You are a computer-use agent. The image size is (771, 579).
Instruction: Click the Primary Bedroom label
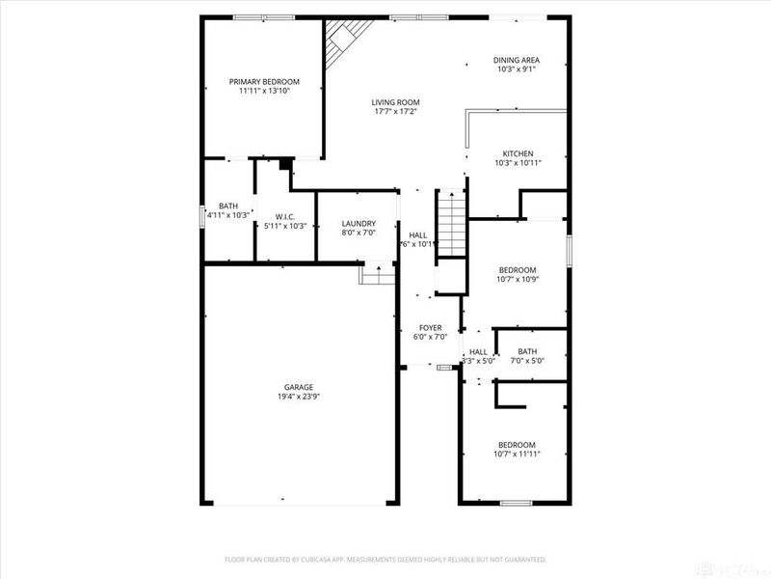(264, 82)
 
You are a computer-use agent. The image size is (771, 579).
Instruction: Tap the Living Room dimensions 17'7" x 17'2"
(395, 112)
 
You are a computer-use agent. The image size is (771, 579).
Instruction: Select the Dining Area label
(517, 60)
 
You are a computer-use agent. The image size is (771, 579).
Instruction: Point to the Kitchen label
(517, 153)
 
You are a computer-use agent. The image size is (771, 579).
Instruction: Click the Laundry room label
(359, 224)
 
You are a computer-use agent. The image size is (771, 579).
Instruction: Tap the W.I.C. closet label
(284, 216)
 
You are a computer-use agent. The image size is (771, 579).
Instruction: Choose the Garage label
(298, 387)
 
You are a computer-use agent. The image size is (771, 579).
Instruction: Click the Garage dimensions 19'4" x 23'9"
(298, 397)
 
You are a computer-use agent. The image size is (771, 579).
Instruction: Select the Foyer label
(430, 328)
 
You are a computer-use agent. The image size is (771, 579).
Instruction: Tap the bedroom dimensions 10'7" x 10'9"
(517, 280)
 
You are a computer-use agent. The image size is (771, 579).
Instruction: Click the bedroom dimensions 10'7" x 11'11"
(517, 455)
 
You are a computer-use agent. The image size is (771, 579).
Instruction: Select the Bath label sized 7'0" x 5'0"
(527, 351)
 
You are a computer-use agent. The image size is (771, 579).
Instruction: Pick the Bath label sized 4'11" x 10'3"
(228, 206)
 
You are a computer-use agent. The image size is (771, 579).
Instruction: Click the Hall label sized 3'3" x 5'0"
(478, 352)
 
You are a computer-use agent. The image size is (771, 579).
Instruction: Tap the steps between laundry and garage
(378, 275)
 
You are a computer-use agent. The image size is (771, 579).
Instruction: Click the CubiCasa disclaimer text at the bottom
(385, 559)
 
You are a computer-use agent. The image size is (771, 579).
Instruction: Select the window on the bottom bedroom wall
(517, 503)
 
